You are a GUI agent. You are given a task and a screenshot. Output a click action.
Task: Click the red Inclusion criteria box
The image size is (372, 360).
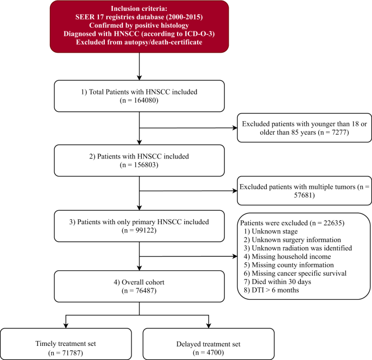pyautogui.click(x=140, y=27)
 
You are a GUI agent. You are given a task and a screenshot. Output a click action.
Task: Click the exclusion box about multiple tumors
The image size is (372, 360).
pyautogui.click(x=304, y=190)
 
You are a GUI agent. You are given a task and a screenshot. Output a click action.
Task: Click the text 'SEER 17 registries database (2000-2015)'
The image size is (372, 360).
pyautogui.click(x=140, y=17)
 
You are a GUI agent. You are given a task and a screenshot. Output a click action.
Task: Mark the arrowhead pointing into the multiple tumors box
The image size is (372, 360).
pyautogui.click(x=234, y=190)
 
